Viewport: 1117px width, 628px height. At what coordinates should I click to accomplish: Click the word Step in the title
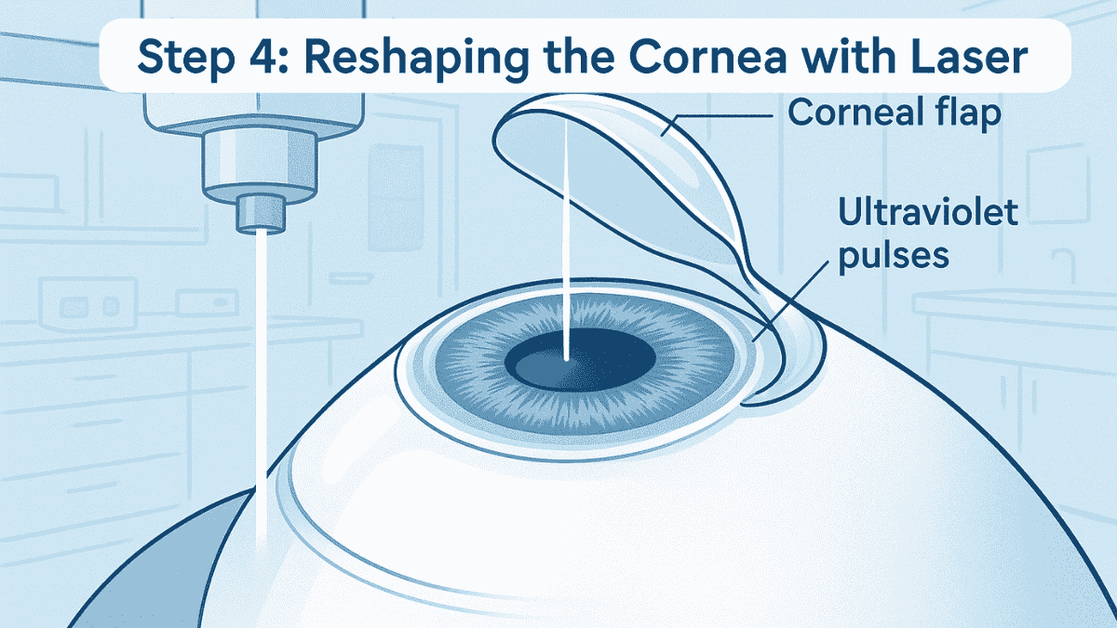185,57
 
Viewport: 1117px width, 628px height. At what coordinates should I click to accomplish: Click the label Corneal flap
895,114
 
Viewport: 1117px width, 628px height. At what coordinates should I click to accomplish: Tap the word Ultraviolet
927,211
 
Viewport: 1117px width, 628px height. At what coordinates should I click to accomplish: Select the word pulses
893,256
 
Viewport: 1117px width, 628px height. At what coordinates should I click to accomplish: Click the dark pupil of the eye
580,360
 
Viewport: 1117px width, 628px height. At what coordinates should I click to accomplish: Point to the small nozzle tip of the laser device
261,214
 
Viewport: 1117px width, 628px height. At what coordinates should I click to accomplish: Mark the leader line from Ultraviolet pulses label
789,301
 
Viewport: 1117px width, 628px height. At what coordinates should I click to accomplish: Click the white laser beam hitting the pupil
567,239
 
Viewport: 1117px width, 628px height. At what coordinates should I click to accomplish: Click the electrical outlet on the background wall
87,305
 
